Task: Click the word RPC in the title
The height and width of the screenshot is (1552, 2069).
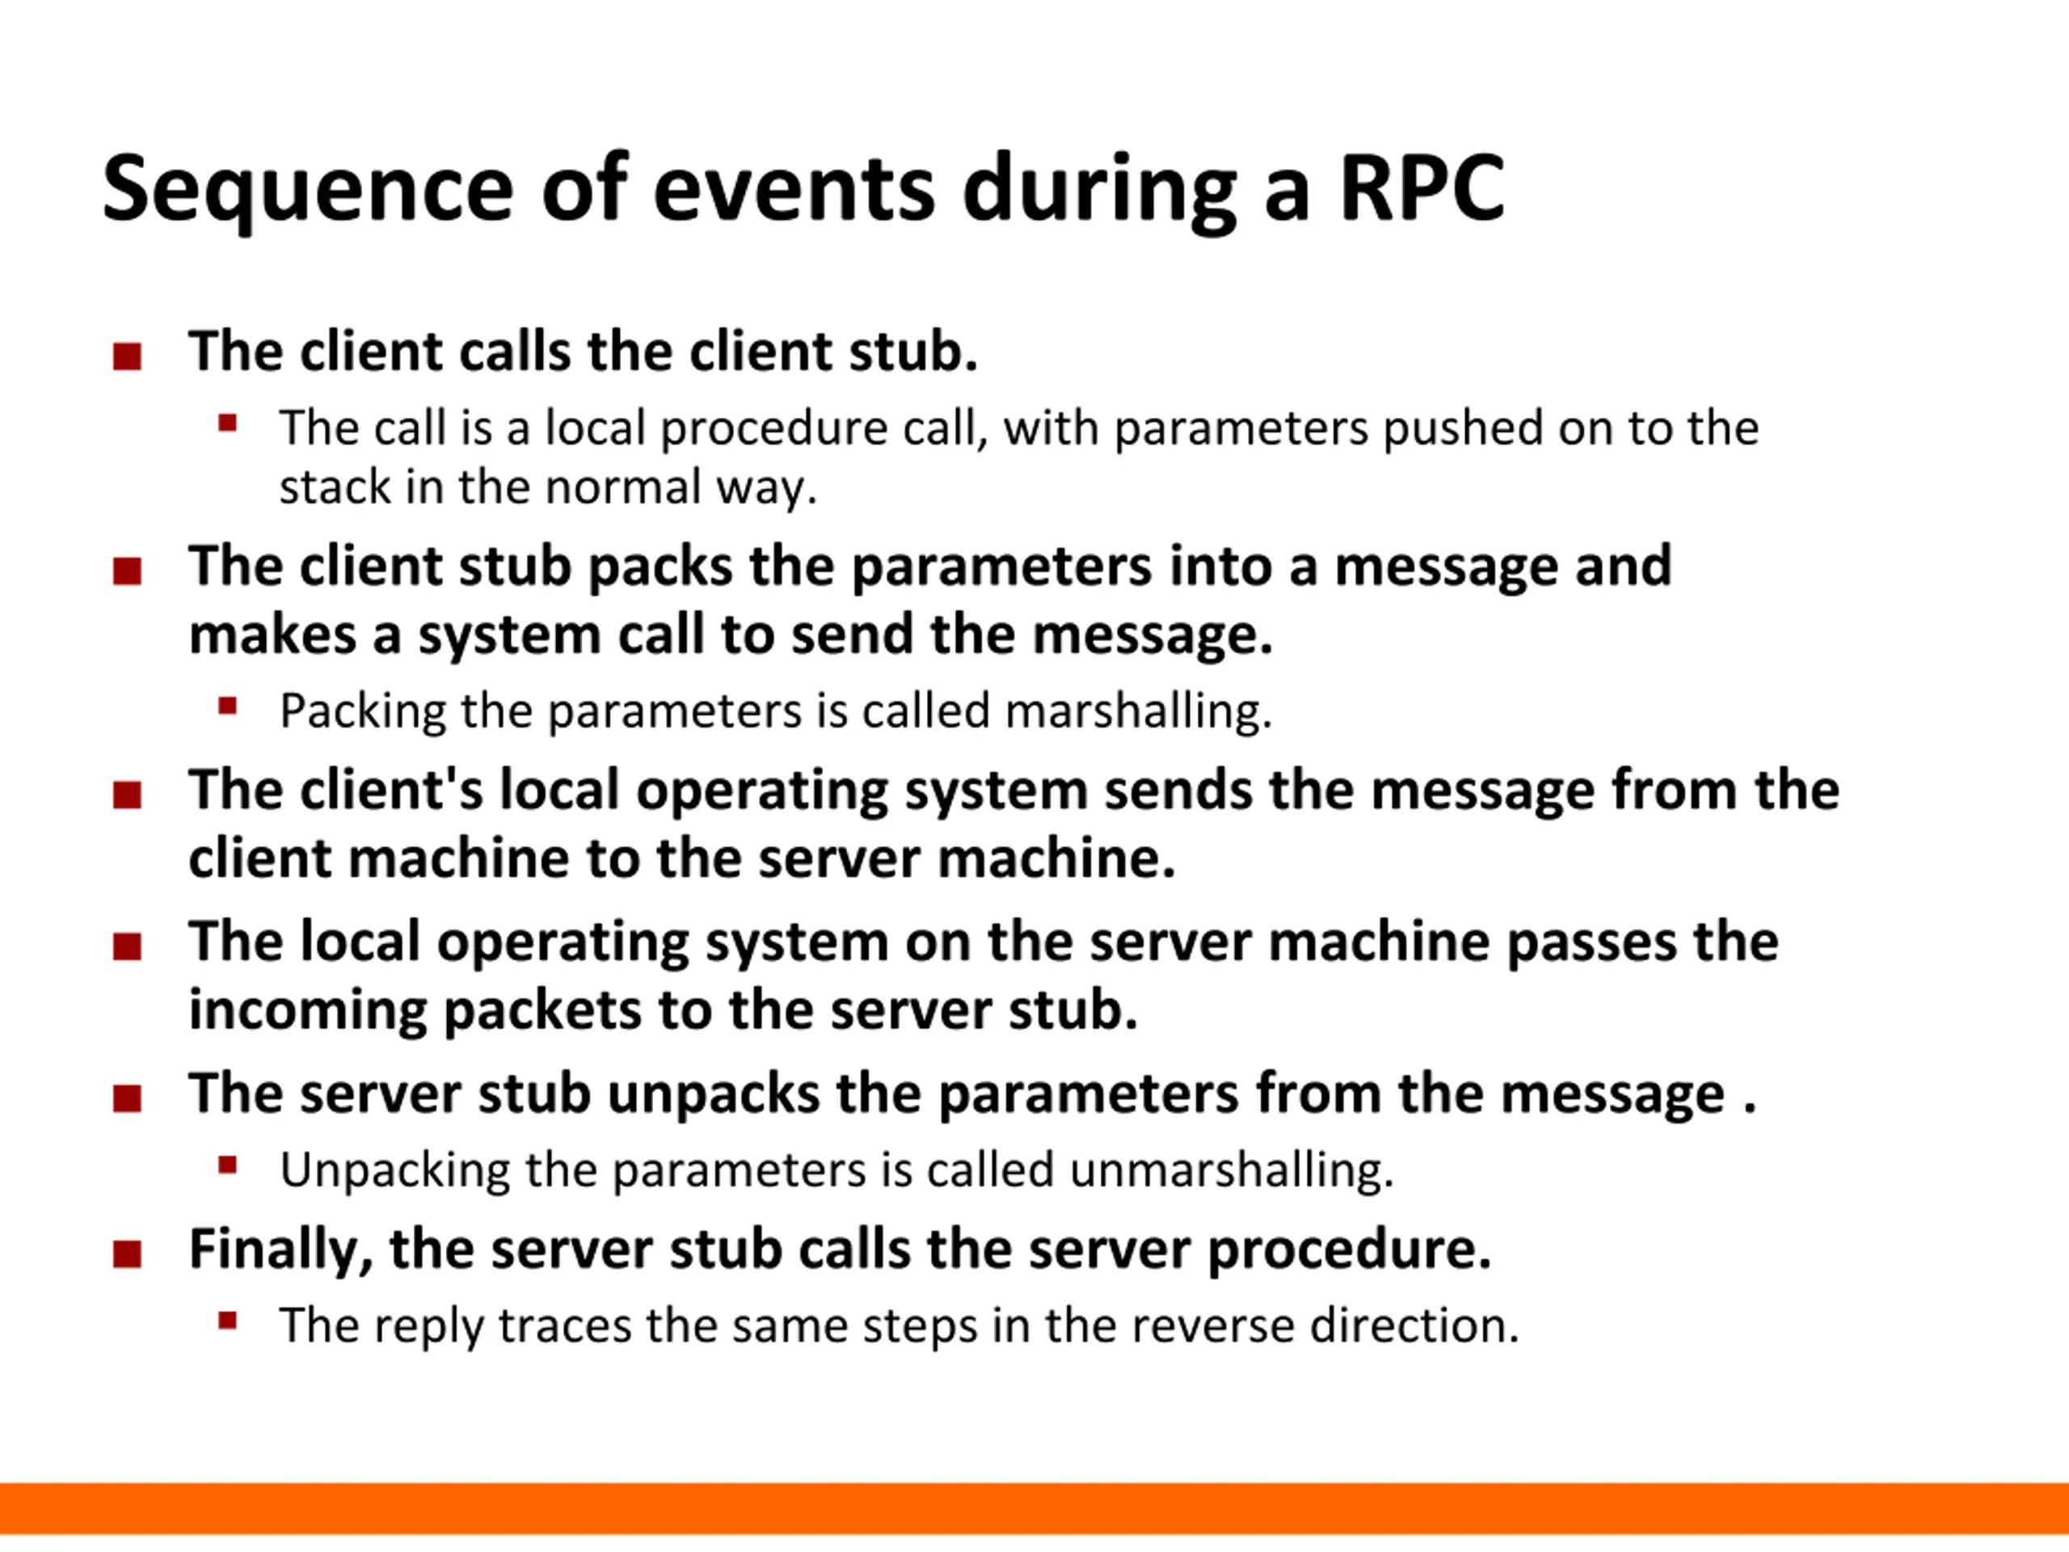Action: pyautogui.click(x=1422, y=189)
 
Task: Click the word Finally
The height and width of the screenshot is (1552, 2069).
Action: pyautogui.click(x=280, y=1250)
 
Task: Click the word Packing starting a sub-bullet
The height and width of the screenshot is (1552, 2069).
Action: pyautogui.click(x=363, y=711)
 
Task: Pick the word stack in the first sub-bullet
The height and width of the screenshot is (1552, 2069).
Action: pyautogui.click(x=334, y=487)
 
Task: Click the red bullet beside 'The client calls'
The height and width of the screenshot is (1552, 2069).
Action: pyautogui.click(x=127, y=356)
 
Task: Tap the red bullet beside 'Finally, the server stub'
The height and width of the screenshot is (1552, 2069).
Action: pyautogui.click(x=127, y=1254)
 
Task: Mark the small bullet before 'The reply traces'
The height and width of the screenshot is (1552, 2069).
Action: pyautogui.click(x=227, y=1321)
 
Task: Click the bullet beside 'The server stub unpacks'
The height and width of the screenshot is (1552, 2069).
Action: pyautogui.click(x=127, y=1098)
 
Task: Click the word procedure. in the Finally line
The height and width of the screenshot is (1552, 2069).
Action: pyautogui.click(x=1350, y=1250)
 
